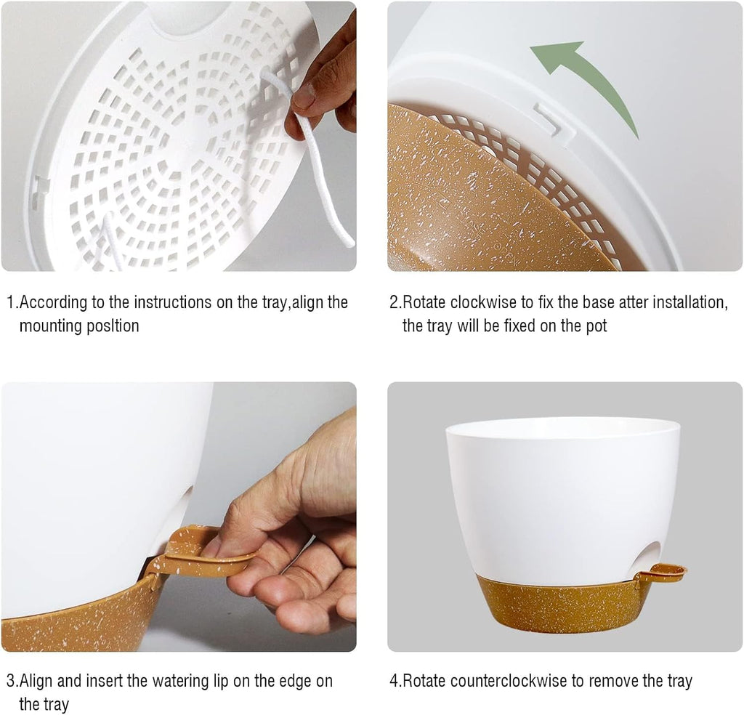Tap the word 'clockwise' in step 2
(483, 302)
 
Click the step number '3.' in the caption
(12, 681)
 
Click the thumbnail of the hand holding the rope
(179, 136)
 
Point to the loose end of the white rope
(350, 243)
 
